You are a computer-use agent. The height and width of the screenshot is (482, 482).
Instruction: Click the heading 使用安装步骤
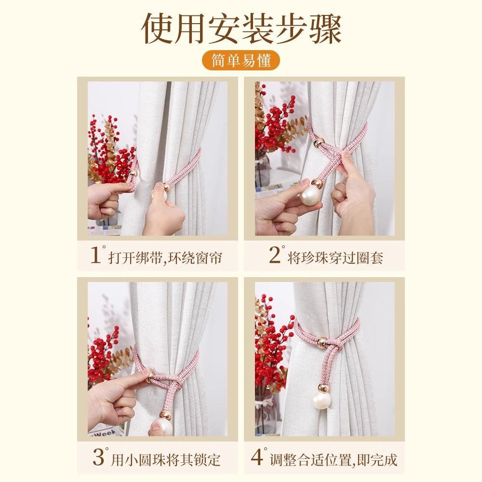coord(241,29)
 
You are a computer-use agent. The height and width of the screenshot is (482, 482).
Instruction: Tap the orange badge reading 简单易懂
coord(241,60)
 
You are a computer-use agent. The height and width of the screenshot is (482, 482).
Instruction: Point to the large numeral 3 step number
coord(99,457)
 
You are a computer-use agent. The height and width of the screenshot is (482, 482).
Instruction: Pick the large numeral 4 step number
coord(257,457)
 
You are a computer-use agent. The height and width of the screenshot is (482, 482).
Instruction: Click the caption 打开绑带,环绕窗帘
coord(165,257)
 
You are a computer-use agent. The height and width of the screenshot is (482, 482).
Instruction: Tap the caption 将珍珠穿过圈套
coord(335,257)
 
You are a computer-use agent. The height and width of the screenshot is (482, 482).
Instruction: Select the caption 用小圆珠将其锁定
coord(166,459)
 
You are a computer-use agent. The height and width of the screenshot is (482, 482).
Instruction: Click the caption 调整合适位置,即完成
coord(334,459)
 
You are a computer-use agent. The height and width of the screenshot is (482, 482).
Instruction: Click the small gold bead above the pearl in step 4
coord(323,388)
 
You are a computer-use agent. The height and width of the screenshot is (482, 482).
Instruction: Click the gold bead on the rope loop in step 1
coord(133,174)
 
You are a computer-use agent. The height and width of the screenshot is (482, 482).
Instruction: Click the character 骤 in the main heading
coord(325,29)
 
